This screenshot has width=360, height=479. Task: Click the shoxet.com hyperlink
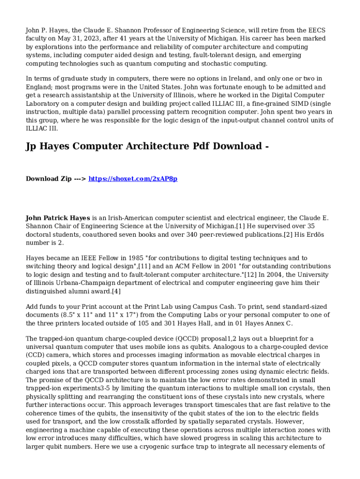133,179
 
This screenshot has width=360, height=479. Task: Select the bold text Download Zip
49,179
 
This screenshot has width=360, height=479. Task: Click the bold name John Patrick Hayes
58,218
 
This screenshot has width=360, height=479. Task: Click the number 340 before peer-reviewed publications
192,234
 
